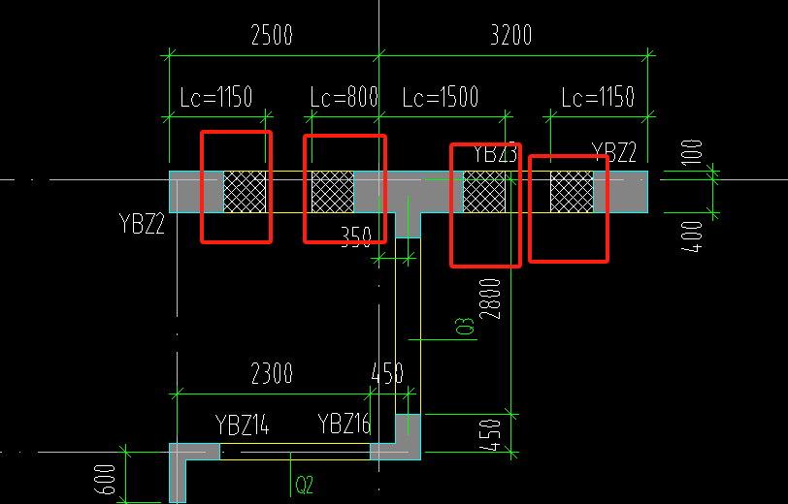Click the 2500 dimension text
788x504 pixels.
click(x=272, y=36)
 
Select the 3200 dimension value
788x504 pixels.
click(x=511, y=36)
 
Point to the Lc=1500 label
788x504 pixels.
click(x=441, y=98)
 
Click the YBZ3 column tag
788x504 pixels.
click(x=495, y=153)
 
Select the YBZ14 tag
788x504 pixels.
click(x=242, y=425)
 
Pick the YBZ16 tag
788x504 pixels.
click(x=345, y=425)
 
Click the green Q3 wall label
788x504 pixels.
click(x=467, y=327)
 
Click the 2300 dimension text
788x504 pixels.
click(x=272, y=373)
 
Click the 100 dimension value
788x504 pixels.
click(x=691, y=153)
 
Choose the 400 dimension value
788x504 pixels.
click(x=691, y=236)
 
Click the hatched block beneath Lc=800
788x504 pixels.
click(x=332, y=192)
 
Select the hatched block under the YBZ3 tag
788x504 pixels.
click(x=484, y=192)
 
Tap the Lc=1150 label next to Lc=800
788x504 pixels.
click(x=216, y=98)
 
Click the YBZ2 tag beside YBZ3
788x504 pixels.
click(x=614, y=152)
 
